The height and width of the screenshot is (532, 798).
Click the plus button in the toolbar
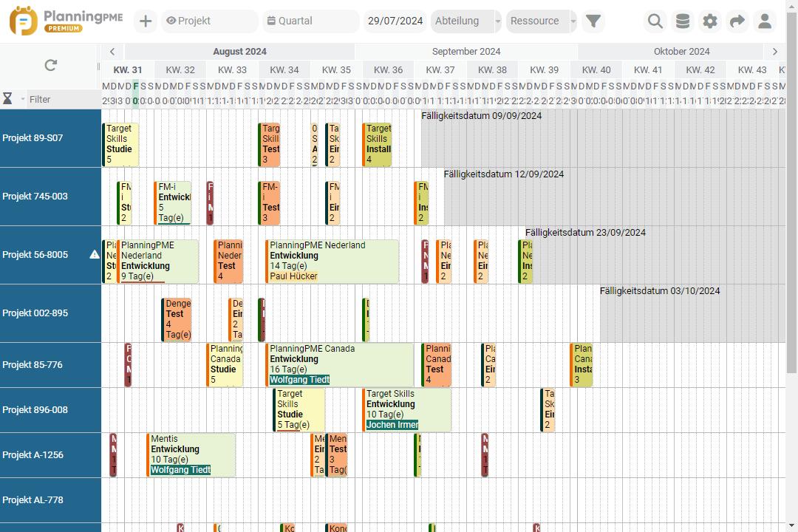(x=146, y=21)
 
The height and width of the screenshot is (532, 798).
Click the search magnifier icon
(x=655, y=21)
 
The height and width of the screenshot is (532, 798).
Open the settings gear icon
(x=709, y=21)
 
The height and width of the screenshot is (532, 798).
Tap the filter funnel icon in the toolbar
(x=593, y=21)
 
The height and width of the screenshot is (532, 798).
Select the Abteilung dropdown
(x=465, y=21)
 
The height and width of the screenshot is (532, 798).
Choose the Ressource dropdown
(x=542, y=21)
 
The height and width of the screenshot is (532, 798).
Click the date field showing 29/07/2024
(x=395, y=21)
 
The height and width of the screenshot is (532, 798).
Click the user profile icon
(x=765, y=21)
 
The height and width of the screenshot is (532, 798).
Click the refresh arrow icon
(x=50, y=66)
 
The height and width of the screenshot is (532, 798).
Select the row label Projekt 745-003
(x=35, y=197)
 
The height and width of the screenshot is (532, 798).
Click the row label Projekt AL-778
(x=33, y=500)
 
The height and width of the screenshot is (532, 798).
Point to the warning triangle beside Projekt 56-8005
(x=95, y=255)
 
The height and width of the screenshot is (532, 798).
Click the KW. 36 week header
(x=388, y=70)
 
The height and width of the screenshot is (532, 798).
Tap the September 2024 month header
(x=466, y=52)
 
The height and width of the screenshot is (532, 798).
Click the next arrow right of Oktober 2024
(x=774, y=52)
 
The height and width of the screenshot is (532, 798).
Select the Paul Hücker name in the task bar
(x=293, y=276)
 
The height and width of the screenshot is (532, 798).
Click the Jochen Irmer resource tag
(x=392, y=425)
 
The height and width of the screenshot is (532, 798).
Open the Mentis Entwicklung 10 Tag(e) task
(x=191, y=454)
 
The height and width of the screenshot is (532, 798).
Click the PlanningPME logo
(x=56, y=21)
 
